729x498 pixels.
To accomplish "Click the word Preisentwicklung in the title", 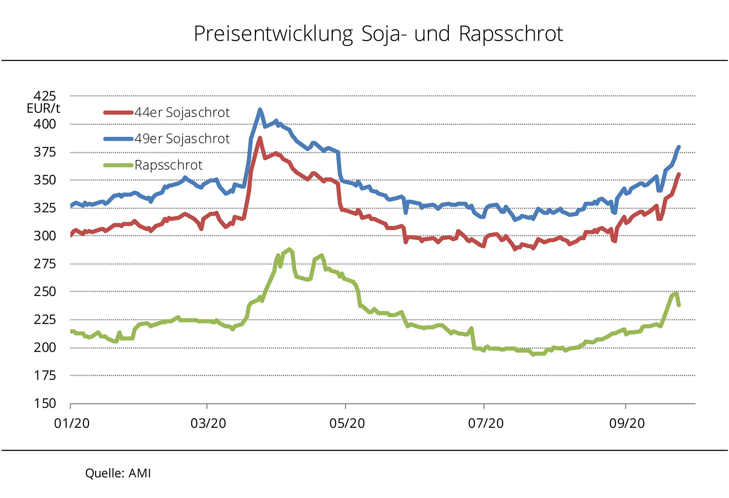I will [x=273, y=35].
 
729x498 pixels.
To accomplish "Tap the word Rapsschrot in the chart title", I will [x=511, y=34].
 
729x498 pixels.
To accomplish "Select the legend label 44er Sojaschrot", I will [x=182, y=113].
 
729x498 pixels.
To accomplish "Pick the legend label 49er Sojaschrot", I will [x=182, y=139].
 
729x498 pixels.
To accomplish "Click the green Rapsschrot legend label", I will [x=168, y=165].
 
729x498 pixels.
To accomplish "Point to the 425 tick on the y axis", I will [x=45, y=96].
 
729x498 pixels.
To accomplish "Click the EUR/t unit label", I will [x=43, y=108].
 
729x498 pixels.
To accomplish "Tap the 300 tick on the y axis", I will [x=45, y=236].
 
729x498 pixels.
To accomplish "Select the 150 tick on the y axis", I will [x=45, y=404].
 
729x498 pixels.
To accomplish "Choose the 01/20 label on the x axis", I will [x=72, y=423].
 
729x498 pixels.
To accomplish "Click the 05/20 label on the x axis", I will [x=347, y=423].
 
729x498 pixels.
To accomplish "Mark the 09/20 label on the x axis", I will [x=627, y=423].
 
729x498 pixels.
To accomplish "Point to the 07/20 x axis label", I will [x=486, y=423].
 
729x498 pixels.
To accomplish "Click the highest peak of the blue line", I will [x=260, y=110].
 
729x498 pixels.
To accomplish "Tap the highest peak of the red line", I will [x=260, y=138].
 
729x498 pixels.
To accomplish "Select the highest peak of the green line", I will [x=289, y=249].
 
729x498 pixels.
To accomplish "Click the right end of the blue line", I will [x=679, y=147].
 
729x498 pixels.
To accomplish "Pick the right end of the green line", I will [x=679, y=305].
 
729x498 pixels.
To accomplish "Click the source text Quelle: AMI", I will [x=118, y=473].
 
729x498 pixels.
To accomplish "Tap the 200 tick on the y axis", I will [x=45, y=348].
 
